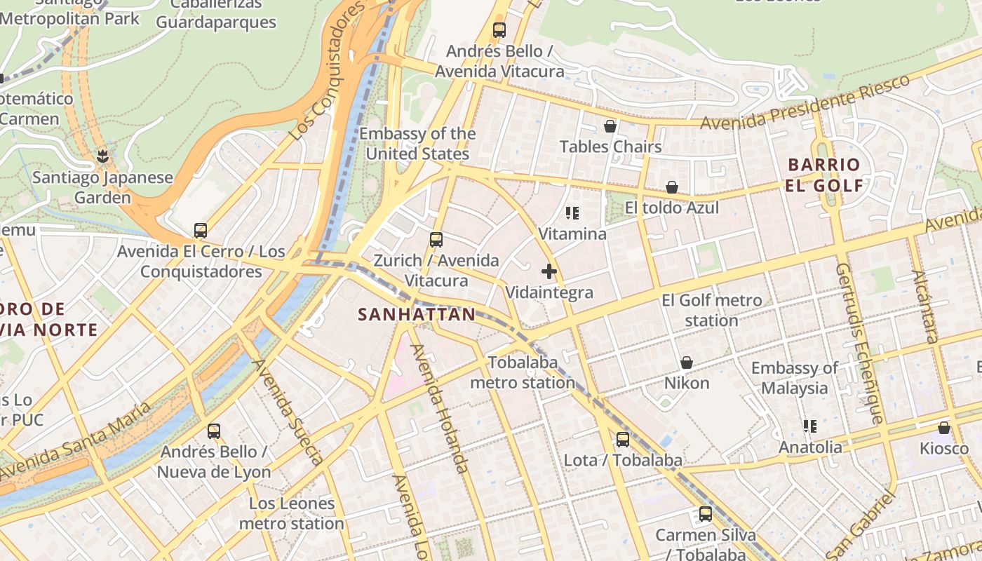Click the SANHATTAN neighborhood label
pyautogui.click(x=417, y=315)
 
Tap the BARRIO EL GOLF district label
pyautogui.click(x=824, y=175)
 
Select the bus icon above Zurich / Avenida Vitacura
pyautogui.click(x=436, y=240)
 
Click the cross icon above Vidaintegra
pyautogui.click(x=549, y=271)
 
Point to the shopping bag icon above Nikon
pyautogui.click(x=687, y=363)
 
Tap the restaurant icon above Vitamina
pyautogui.click(x=572, y=213)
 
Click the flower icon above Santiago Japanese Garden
pyautogui.click(x=103, y=156)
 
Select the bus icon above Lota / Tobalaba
pyautogui.click(x=623, y=440)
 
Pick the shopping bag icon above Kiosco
pyautogui.click(x=944, y=428)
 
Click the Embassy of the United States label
pyautogui.click(x=417, y=144)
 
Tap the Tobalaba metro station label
pyautogui.click(x=523, y=372)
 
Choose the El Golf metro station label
pyautogui.click(x=711, y=311)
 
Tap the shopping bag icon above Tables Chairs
pyautogui.click(x=610, y=126)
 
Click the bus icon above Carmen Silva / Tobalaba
pyautogui.click(x=706, y=514)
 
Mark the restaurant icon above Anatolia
pyautogui.click(x=810, y=426)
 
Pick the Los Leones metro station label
pyautogui.click(x=291, y=513)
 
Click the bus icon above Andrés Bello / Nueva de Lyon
pyautogui.click(x=214, y=431)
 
